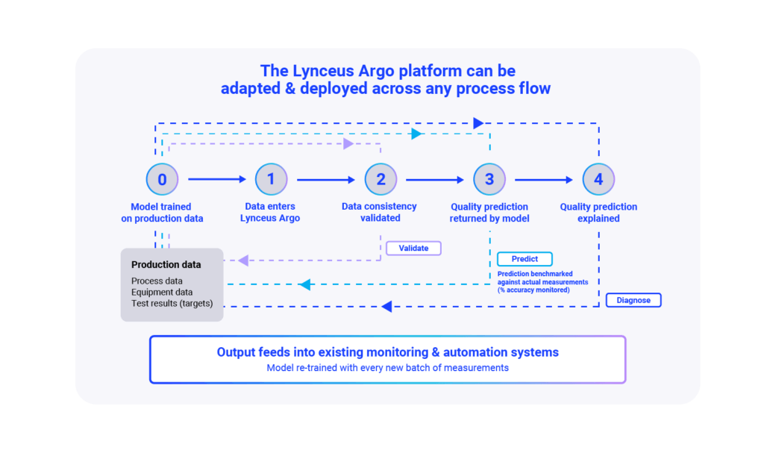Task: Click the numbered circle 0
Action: [x=162, y=179]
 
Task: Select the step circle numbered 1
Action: [x=271, y=179]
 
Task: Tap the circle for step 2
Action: [x=381, y=179]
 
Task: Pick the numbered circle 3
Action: [x=489, y=179]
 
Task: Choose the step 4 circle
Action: [x=598, y=179]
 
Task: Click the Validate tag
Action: [x=413, y=248]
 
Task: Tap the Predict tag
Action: [x=525, y=259]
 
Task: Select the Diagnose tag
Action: [x=633, y=300]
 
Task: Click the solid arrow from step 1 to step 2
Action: [x=325, y=179]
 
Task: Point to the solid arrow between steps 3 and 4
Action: [x=544, y=179]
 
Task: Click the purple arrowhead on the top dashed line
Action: [x=348, y=143]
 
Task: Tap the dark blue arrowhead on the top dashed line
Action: [x=478, y=123]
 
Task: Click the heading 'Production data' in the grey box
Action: [x=166, y=264]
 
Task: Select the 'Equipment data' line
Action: [x=162, y=292]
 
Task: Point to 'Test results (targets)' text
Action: [x=172, y=303]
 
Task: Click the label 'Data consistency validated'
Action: [x=379, y=212]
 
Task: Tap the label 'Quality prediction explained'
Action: [x=598, y=212]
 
